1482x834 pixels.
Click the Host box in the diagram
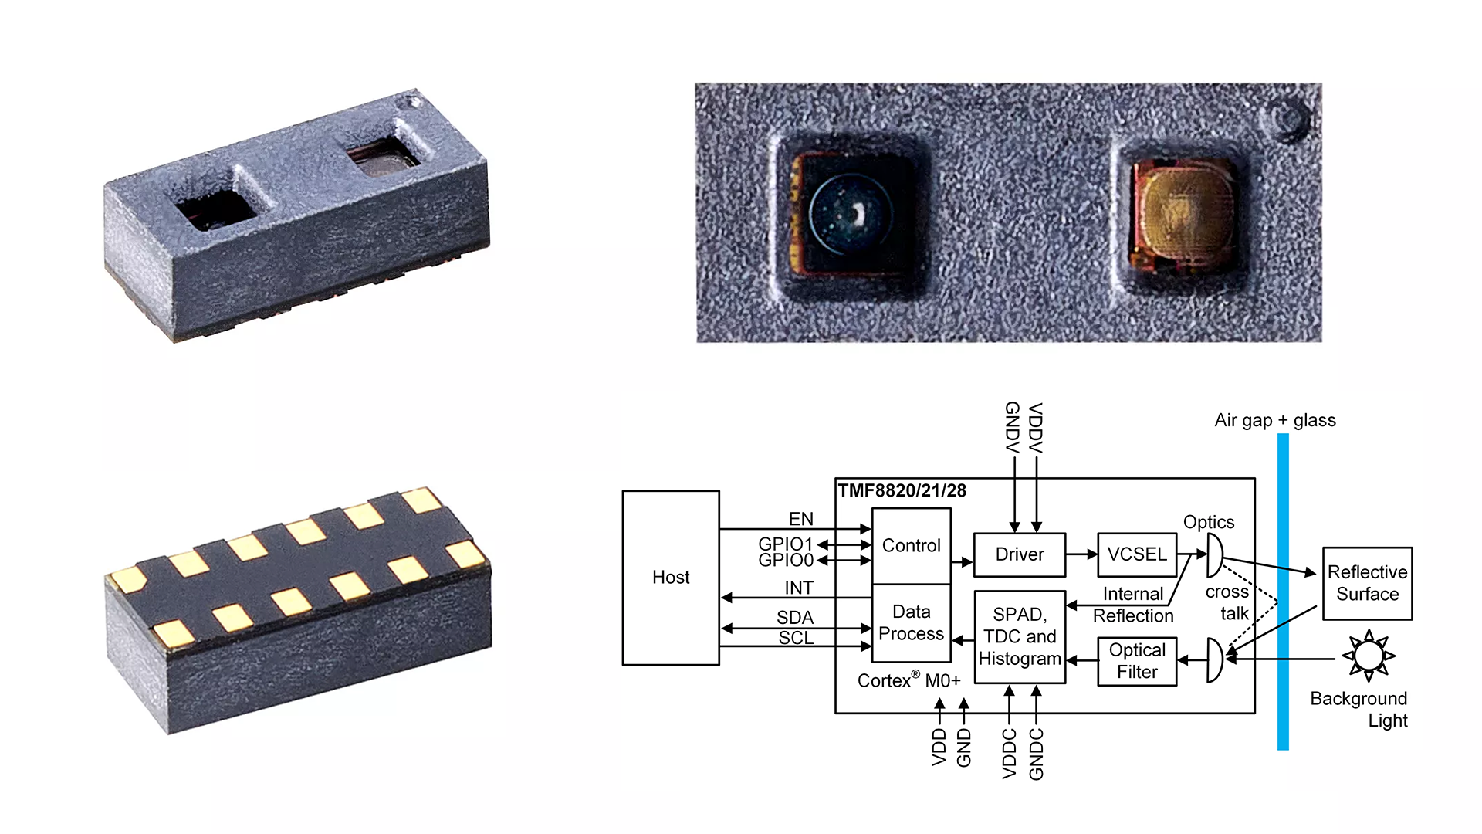point(671,578)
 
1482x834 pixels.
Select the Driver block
point(1019,554)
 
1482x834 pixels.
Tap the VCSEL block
point(1136,554)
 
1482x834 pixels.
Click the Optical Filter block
point(1137,661)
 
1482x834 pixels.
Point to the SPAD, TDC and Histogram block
point(1020,637)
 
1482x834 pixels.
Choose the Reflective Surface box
point(1367,583)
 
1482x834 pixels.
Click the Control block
point(911,545)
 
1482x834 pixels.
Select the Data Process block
point(911,622)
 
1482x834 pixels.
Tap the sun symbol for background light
point(1369,656)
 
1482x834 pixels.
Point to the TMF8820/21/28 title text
point(902,490)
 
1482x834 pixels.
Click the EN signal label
point(800,519)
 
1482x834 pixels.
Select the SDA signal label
point(795,617)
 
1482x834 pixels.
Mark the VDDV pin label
point(1036,427)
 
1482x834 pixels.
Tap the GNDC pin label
point(1037,754)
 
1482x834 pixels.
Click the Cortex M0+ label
point(908,680)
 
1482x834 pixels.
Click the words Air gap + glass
point(1274,420)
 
